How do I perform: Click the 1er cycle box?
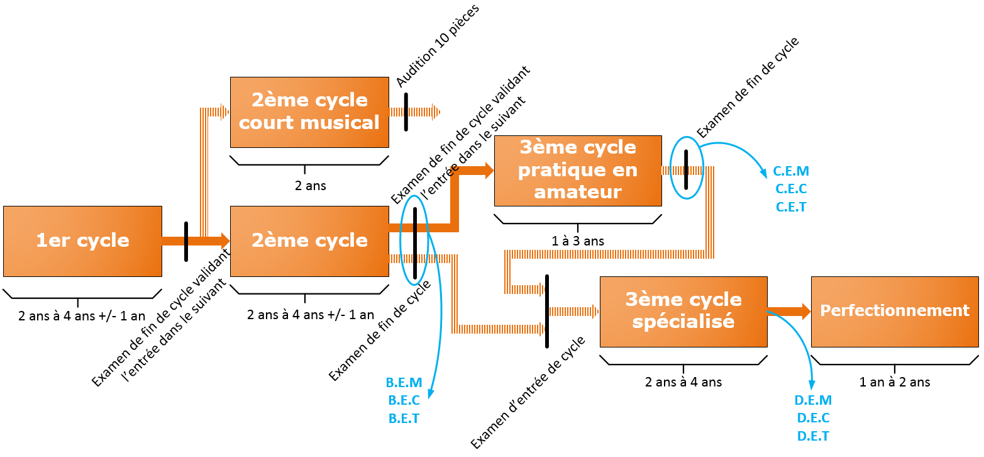[82, 241]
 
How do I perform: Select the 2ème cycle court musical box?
[309, 112]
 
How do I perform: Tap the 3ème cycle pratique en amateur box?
[578, 170]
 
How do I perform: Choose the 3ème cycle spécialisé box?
[683, 311]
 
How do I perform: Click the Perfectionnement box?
[895, 311]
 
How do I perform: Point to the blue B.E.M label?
[404, 383]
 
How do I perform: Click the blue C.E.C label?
[791, 189]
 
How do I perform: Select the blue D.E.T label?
[813, 436]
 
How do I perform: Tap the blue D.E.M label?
[813, 400]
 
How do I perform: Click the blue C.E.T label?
[791, 206]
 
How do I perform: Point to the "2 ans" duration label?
[311, 186]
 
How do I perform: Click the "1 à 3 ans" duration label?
[577, 241]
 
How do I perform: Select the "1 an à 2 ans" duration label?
[895, 382]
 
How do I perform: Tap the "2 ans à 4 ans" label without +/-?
[683, 382]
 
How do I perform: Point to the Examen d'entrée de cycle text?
[528, 393]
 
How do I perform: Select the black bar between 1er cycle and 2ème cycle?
[186, 241]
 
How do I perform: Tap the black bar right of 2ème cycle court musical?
[406, 112]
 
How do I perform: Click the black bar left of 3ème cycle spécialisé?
[547, 310]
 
